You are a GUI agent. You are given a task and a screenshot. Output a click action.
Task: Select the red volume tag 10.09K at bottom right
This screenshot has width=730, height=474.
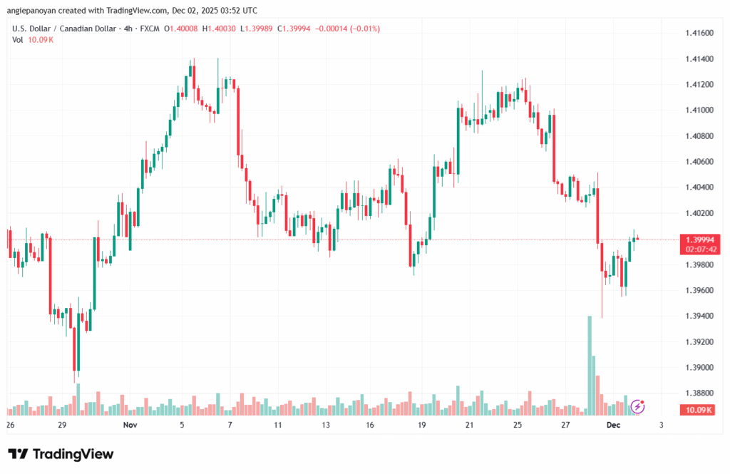tap(699, 410)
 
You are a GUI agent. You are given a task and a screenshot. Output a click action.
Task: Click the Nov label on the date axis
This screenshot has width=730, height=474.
tap(129, 425)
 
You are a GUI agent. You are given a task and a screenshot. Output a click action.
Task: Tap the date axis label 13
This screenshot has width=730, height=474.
tap(326, 425)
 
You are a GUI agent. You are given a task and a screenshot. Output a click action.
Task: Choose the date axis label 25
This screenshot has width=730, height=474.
tap(518, 425)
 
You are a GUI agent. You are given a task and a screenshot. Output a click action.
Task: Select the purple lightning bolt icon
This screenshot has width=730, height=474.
tap(638, 406)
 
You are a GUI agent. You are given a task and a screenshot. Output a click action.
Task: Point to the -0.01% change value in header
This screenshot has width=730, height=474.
tap(369, 29)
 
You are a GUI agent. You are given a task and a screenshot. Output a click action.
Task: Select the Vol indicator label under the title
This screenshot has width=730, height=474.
tap(17, 39)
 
